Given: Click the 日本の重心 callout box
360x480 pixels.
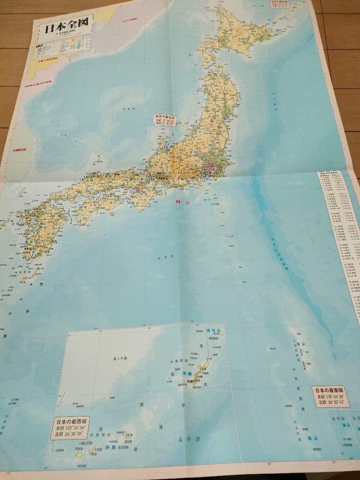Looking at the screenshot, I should pos(165,120).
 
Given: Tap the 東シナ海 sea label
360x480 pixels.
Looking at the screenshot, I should pos(117,358).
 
